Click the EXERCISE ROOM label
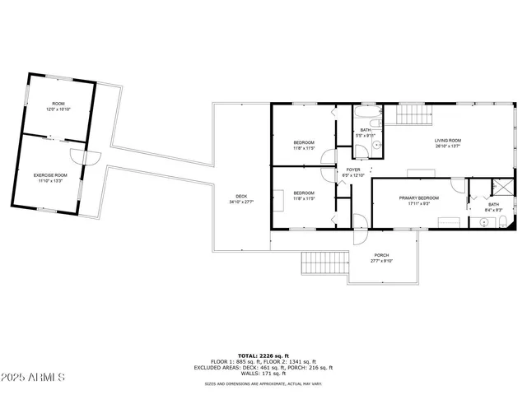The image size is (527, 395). [x=50, y=175]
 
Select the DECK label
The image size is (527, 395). [x=241, y=196]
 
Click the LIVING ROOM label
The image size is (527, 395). [x=448, y=141]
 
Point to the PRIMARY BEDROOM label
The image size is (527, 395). [x=419, y=198]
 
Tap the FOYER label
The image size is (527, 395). [x=353, y=170]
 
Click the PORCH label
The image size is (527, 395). [x=381, y=255]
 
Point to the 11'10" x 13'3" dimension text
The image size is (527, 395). [x=50, y=181]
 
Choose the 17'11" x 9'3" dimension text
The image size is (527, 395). [x=419, y=204]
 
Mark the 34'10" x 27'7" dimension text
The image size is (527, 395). [x=241, y=202]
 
